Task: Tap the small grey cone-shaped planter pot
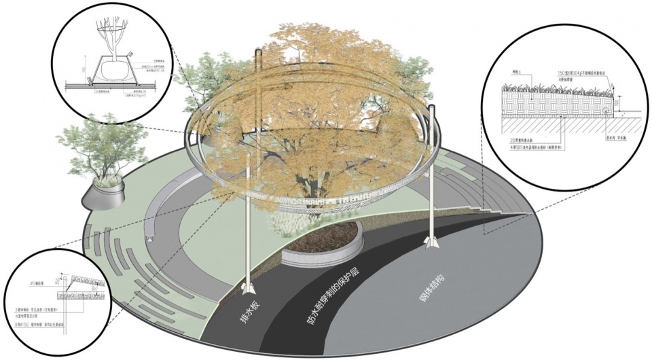105,196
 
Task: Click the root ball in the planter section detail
113,69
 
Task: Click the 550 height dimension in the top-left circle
83,69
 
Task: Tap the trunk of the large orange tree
312,183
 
